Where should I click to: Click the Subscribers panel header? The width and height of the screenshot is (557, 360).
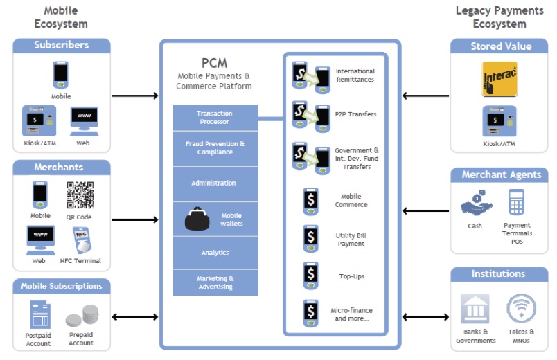[x=62, y=46]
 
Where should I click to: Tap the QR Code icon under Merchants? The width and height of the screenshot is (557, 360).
[x=80, y=195]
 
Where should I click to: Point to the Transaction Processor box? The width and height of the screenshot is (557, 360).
[x=215, y=117]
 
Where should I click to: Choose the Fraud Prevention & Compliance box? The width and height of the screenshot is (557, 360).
[x=215, y=148]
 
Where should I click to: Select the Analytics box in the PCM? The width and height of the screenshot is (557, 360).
[x=215, y=253]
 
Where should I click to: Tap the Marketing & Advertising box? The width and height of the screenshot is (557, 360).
[x=215, y=282]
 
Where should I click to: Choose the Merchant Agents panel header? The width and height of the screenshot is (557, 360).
[x=501, y=175]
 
